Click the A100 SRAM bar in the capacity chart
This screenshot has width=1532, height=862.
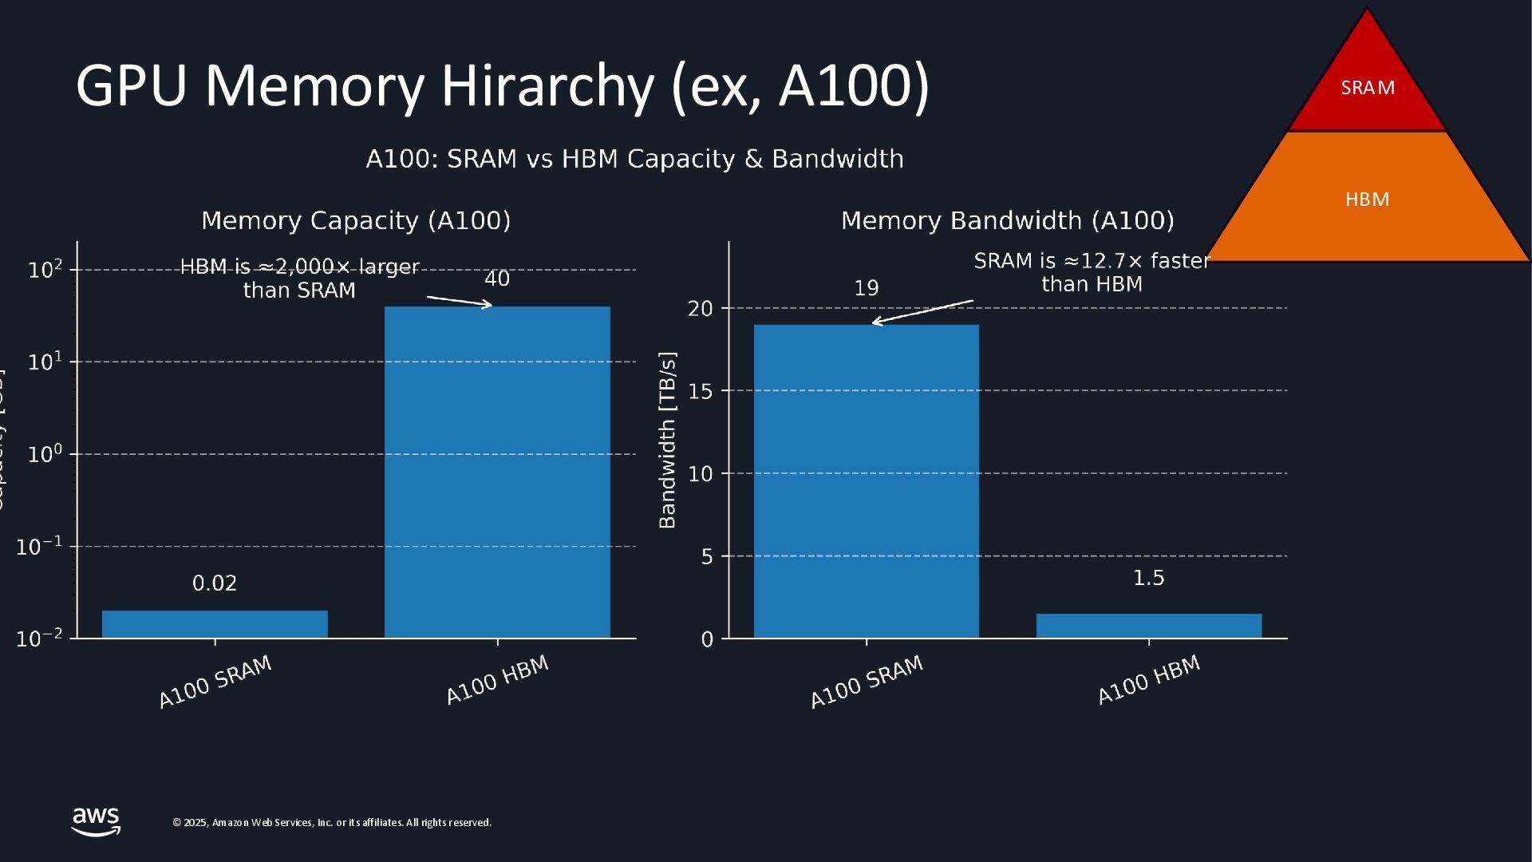(x=215, y=624)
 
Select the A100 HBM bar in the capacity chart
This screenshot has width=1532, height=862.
(x=497, y=472)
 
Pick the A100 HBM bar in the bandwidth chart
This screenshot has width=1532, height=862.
(x=1148, y=626)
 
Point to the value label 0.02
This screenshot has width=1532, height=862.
(x=215, y=583)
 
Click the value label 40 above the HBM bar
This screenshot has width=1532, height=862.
(x=497, y=279)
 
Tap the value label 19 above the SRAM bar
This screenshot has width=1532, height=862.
(x=866, y=288)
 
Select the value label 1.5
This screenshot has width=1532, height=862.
(x=1148, y=578)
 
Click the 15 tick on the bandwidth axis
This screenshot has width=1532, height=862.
(x=700, y=391)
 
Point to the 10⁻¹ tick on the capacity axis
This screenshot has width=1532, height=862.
(x=39, y=547)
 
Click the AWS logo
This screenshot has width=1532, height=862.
(x=96, y=821)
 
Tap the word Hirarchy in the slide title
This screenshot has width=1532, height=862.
(x=547, y=85)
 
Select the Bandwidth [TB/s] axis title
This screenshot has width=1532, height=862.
(x=667, y=440)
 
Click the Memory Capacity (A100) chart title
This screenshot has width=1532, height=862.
(x=356, y=220)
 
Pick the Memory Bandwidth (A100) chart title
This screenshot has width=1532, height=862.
(x=1007, y=220)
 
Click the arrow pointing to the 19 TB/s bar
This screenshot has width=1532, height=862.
(x=922, y=312)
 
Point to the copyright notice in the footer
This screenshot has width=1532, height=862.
(x=332, y=823)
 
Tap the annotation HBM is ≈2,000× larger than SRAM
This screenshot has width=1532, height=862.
(x=299, y=278)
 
